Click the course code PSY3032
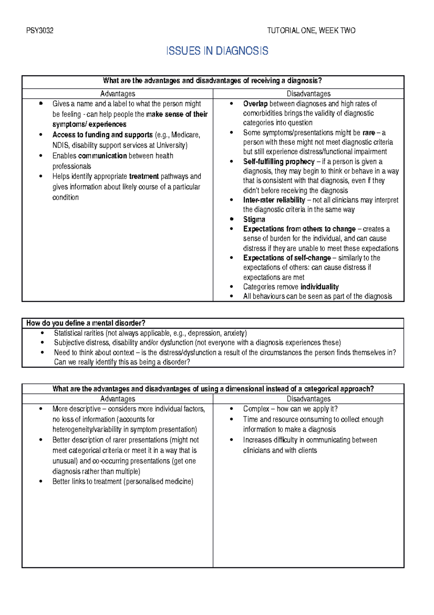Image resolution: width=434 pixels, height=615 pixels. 40,31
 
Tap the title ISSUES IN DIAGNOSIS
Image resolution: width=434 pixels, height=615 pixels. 217,51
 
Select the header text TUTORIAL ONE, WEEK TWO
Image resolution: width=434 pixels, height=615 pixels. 311,31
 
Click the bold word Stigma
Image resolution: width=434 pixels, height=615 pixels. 254,219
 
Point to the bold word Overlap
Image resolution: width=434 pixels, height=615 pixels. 255,104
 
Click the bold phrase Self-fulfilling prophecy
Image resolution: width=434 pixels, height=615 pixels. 278,162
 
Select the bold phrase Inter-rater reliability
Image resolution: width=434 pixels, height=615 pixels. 274,200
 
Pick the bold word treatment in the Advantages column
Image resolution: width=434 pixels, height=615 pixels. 144,176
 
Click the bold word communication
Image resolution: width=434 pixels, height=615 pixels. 102,156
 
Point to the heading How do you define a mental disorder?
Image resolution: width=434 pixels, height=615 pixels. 86,323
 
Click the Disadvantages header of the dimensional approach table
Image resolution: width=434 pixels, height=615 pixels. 309,399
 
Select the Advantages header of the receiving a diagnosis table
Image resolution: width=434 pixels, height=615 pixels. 118,94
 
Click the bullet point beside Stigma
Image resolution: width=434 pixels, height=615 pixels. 231,219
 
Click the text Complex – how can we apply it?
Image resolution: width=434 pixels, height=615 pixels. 290,409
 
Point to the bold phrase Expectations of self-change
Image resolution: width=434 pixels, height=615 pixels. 287,258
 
